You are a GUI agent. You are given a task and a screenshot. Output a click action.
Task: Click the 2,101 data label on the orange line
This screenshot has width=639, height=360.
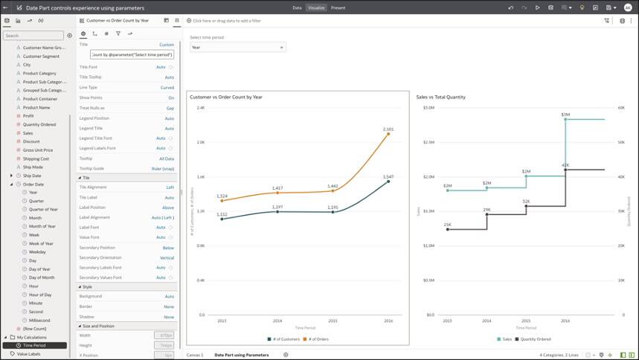click(388, 129)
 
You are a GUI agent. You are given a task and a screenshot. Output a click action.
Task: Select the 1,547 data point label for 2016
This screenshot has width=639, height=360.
click(388, 176)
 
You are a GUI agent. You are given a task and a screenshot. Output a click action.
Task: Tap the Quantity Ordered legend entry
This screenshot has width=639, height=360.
click(536, 339)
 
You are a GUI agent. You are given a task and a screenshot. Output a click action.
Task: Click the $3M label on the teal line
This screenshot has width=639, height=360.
click(565, 115)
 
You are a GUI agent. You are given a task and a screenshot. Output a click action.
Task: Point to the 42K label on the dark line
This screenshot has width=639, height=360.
click(565, 165)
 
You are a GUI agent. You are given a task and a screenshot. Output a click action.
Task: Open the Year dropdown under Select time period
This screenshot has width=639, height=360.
click(237, 48)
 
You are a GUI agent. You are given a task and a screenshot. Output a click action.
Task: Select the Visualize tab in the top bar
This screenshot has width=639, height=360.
click(316, 7)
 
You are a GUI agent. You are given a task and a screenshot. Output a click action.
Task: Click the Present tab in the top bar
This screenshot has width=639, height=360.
click(338, 7)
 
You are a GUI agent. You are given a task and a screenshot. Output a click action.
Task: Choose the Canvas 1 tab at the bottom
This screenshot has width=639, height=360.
click(194, 355)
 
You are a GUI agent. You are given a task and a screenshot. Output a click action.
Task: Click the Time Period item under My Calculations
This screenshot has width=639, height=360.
click(34, 345)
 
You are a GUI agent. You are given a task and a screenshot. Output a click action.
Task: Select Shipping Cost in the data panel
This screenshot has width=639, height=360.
click(36, 158)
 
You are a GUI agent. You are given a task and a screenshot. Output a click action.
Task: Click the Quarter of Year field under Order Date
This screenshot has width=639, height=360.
click(43, 209)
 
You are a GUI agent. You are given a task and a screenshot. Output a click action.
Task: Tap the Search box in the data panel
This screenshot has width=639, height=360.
click(33, 35)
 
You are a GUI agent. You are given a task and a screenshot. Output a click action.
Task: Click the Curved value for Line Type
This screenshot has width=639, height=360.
click(167, 87)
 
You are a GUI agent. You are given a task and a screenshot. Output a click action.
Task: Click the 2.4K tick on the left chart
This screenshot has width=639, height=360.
click(200, 108)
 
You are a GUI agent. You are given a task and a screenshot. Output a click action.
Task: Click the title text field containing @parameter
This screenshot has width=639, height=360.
click(132, 55)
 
